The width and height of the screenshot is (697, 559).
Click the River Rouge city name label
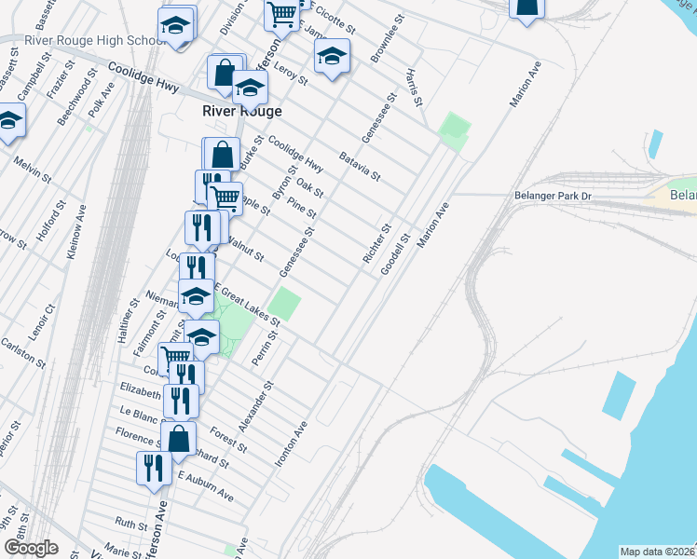click(x=242, y=111)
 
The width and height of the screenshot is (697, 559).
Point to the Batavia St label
click(x=361, y=166)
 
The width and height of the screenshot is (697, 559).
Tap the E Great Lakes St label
click(x=248, y=304)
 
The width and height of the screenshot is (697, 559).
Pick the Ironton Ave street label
click(x=291, y=444)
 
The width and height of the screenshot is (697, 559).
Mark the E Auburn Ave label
click(x=205, y=484)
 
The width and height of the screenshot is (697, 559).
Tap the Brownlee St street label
click(x=384, y=45)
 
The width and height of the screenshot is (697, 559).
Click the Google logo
click(x=31, y=548)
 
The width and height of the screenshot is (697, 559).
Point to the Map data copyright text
click(x=658, y=552)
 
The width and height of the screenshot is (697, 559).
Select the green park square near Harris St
click(x=454, y=130)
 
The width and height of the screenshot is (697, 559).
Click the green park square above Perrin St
click(x=285, y=304)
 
